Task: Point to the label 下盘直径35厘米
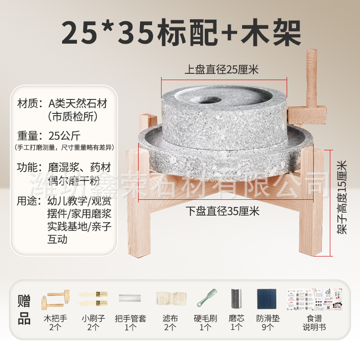pyautogui.click(x=222, y=210)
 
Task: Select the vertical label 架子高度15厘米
pyautogui.click(x=342, y=198)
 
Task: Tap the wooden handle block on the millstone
pyautogui.click(x=308, y=112)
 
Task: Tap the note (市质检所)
pyautogui.click(x=72, y=117)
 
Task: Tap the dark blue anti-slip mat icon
pyautogui.click(x=268, y=299)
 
